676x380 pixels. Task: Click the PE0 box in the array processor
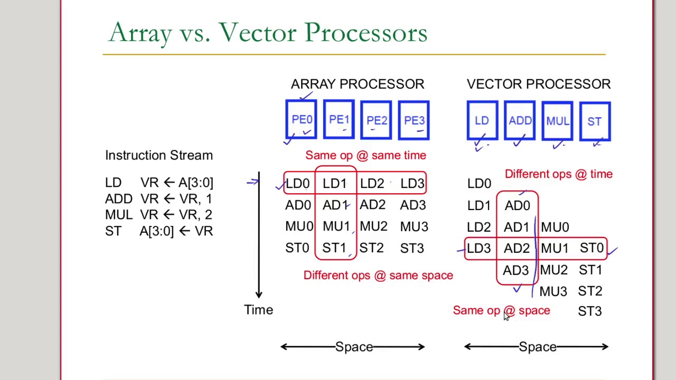[301, 120]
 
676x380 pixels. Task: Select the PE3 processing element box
[414, 120]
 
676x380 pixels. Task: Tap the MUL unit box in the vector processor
[558, 121]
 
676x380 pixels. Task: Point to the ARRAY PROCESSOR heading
[357, 84]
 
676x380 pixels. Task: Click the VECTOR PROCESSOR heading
[538, 84]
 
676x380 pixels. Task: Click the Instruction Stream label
[159, 155]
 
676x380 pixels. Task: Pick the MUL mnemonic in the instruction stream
[119, 215]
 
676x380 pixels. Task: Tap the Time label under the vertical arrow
[258, 310]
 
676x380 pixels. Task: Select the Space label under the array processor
[354, 347]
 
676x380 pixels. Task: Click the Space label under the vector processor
[537, 347]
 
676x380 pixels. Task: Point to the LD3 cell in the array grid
[412, 183]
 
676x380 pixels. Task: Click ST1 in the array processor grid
[334, 248]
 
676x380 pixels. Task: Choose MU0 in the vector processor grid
[555, 227]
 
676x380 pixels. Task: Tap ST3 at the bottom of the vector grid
[589, 311]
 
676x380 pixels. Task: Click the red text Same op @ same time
[365, 155]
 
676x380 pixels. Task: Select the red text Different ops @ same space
[378, 275]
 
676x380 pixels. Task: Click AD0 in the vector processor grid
[517, 205]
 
